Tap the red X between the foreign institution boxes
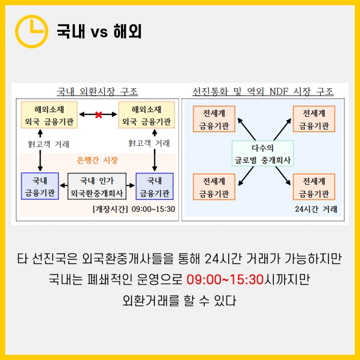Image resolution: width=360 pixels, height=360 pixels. click(98, 115)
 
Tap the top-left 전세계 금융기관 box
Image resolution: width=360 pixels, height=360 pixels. click(214, 119)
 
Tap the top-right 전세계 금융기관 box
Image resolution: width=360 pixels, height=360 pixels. click(314, 119)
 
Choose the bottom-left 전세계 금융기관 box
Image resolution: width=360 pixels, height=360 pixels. click(214, 188)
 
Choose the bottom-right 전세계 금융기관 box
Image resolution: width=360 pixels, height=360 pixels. click(314, 188)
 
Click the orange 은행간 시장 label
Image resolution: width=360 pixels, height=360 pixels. click(97, 161)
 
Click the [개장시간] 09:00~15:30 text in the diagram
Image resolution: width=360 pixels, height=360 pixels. click(134, 209)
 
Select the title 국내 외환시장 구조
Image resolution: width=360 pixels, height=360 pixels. click(97, 91)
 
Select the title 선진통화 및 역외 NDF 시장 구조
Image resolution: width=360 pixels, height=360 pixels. click(263, 91)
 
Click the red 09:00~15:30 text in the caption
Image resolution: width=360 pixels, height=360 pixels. click(225, 279)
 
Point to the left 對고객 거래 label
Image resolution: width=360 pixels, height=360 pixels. click(48, 144)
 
